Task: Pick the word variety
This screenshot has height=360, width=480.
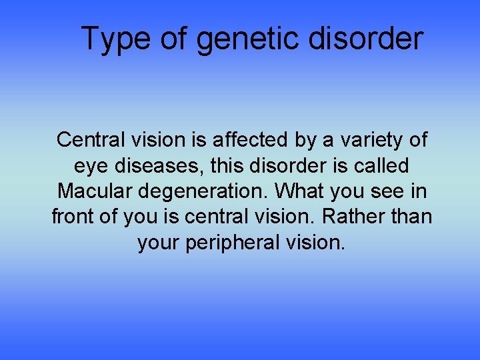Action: tap(366, 140)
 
